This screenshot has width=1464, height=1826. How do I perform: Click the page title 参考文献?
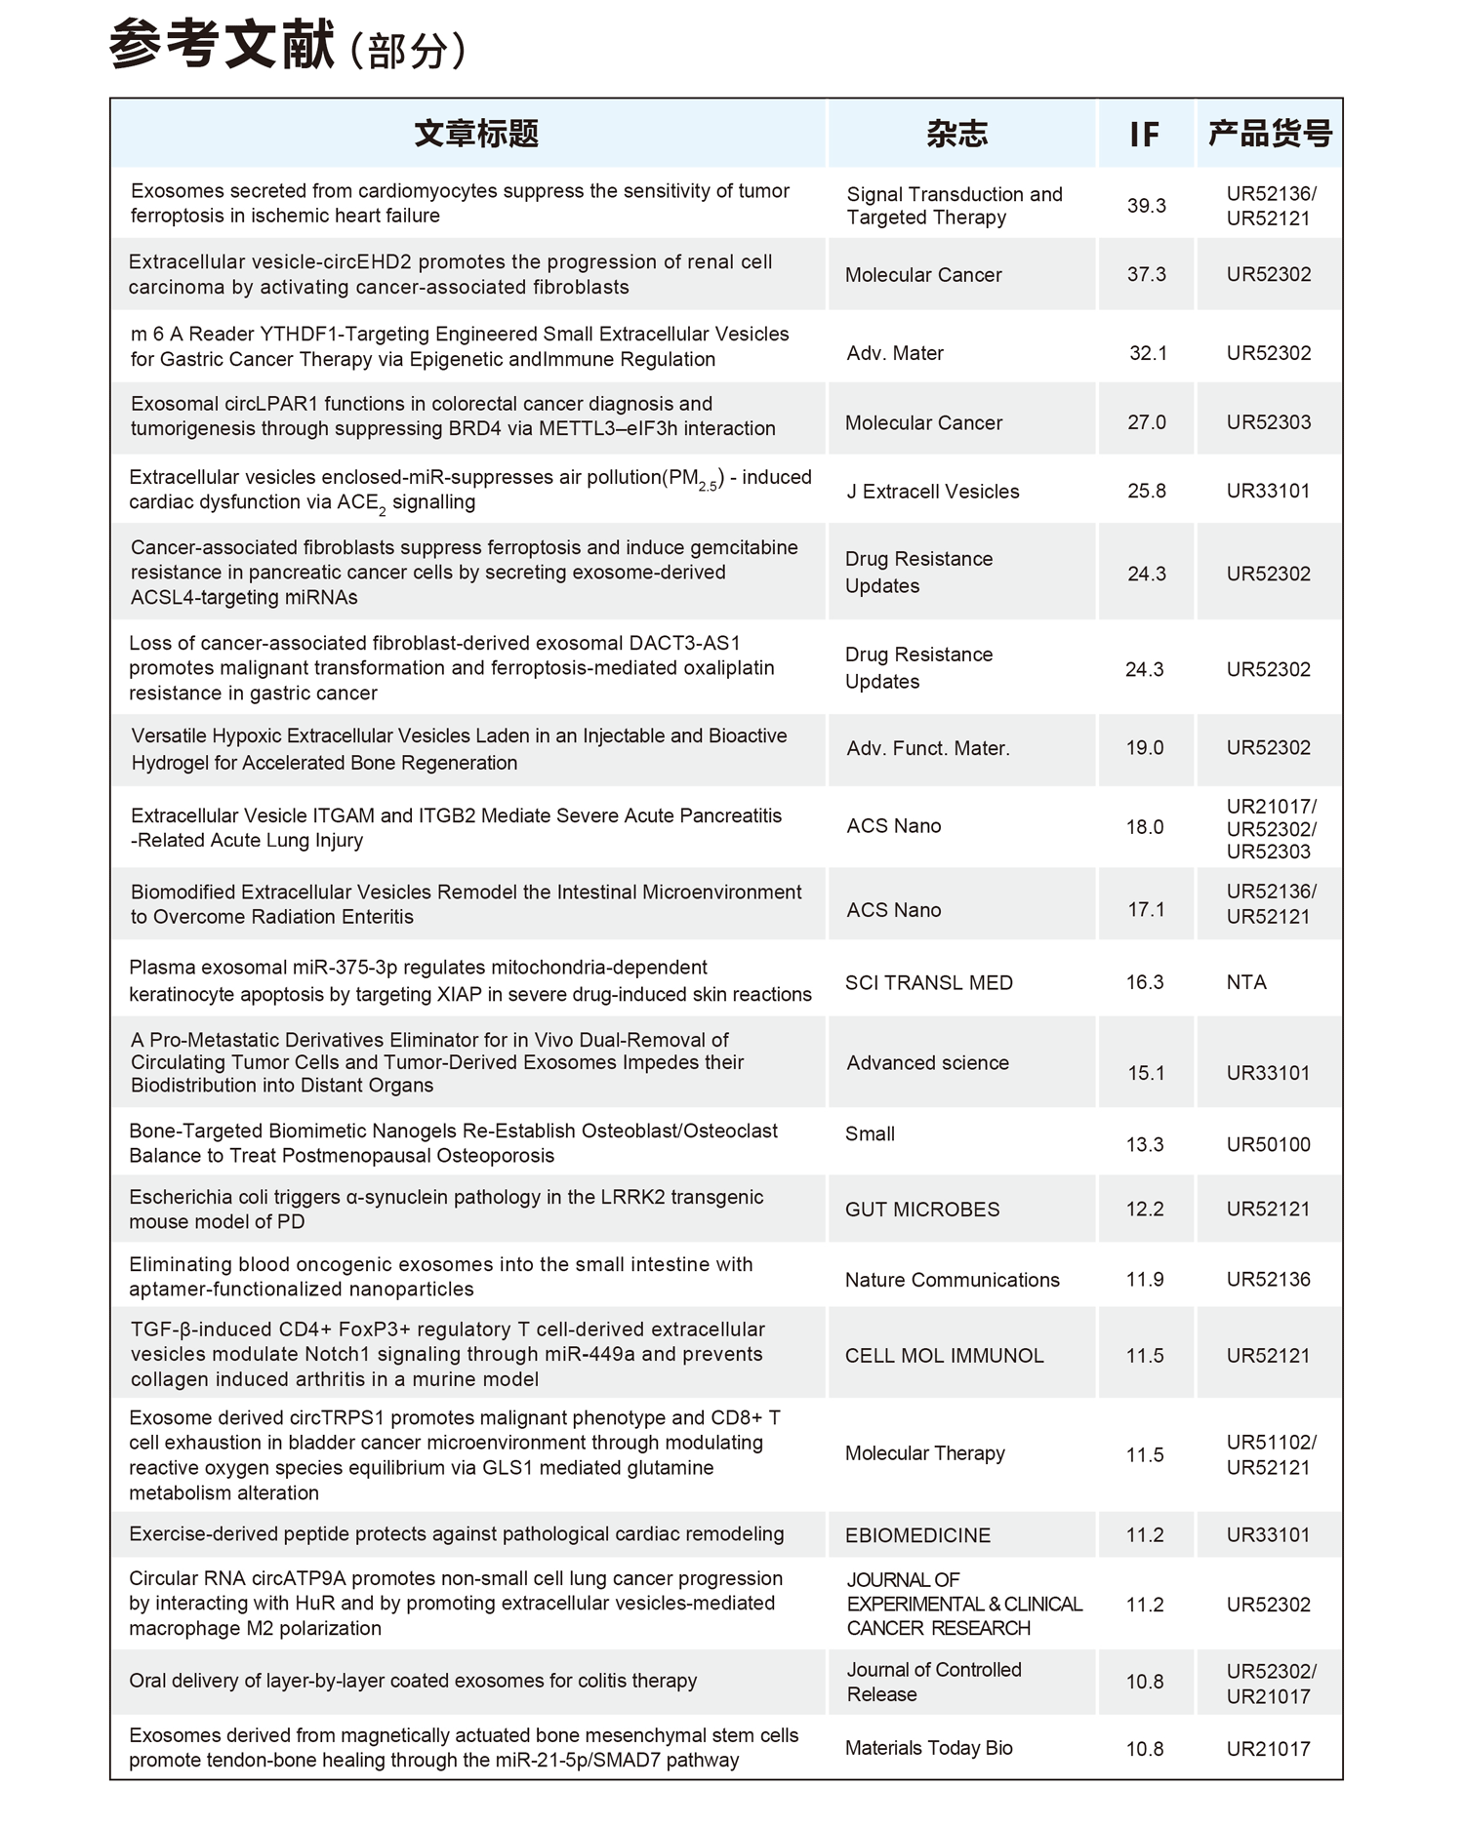pyautogui.click(x=223, y=47)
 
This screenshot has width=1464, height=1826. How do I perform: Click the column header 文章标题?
pyautogui.click(x=476, y=134)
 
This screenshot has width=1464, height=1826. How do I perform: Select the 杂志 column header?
pyautogui.click(x=956, y=134)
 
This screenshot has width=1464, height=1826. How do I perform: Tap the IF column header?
pyautogui.click(x=1144, y=135)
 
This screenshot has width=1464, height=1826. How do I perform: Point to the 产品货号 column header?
pyautogui.click(x=1269, y=134)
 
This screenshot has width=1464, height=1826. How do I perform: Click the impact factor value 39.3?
pyautogui.click(x=1146, y=206)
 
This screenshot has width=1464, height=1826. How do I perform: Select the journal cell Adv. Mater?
pyautogui.click(x=895, y=353)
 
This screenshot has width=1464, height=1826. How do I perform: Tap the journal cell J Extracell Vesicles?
pyautogui.click(x=932, y=492)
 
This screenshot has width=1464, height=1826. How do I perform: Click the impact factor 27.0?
pyautogui.click(x=1146, y=422)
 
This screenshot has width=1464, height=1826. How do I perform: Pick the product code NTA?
pyautogui.click(x=1246, y=982)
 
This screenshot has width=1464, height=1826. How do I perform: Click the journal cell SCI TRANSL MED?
pyautogui.click(x=928, y=983)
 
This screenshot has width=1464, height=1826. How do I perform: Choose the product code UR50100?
pyautogui.click(x=1268, y=1144)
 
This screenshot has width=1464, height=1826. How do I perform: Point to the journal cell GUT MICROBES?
pyautogui.click(x=922, y=1210)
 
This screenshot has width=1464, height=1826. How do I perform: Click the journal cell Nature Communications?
pyautogui.click(x=952, y=1280)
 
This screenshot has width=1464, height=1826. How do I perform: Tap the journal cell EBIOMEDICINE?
pyautogui.click(x=917, y=1535)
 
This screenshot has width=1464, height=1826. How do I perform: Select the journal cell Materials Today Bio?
pyautogui.click(x=929, y=1748)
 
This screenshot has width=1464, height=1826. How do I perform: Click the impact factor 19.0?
pyautogui.click(x=1145, y=748)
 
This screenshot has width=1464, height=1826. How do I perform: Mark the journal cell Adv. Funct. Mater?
pyautogui.click(x=928, y=748)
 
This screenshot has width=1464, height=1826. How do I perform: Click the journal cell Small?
pyautogui.click(x=870, y=1133)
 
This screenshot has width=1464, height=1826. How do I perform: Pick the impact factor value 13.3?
pyautogui.click(x=1145, y=1144)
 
